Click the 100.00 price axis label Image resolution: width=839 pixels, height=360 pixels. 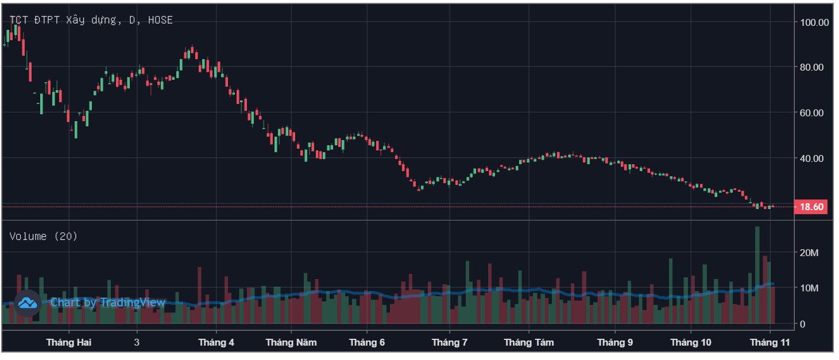click(814, 22)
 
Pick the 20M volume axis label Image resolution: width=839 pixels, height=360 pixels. click(810, 253)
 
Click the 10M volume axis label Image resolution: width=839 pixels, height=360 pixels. click(810, 288)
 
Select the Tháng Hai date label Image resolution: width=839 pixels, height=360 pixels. click(69, 343)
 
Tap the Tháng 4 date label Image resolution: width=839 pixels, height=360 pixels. click(216, 343)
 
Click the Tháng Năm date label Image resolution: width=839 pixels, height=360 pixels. click(291, 343)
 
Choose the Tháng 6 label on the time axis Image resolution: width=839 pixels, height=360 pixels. click(367, 343)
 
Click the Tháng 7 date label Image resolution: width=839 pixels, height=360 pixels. click(450, 343)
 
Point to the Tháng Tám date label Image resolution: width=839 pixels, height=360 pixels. click(529, 343)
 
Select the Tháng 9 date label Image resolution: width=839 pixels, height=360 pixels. click(615, 343)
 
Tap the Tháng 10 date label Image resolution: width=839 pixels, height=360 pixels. click(691, 343)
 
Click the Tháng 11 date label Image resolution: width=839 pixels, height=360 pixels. click(770, 343)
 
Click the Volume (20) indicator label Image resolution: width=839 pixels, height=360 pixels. click(44, 236)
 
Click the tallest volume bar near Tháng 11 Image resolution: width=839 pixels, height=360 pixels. click(757, 276)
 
